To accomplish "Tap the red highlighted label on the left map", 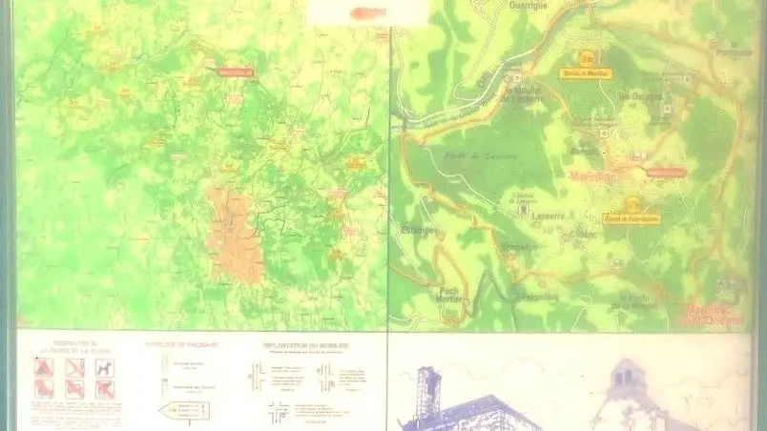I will coord(237,71).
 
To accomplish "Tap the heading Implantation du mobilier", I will coord(306,344).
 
